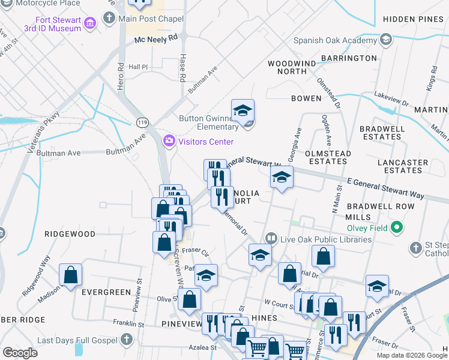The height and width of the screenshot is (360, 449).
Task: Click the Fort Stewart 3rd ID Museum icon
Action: tap(91, 23)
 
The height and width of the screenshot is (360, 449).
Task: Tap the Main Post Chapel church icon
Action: tap(109, 18)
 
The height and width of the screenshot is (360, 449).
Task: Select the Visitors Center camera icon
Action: tap(169, 141)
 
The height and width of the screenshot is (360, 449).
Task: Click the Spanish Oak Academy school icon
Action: tap(386, 41)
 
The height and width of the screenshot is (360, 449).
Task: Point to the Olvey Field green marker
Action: tap(396, 227)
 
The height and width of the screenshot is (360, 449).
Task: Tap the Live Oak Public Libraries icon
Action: tap(271, 239)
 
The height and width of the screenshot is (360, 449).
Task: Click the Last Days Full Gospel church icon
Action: tap(125, 340)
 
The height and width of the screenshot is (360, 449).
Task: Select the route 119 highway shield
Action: tap(142, 122)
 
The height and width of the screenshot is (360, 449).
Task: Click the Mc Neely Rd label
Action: tap(156, 38)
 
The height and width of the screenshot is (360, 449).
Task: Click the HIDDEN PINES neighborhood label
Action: tap(412, 19)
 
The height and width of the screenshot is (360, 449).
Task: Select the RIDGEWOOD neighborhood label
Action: tap(70, 233)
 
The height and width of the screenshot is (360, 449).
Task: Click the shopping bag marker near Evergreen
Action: tap(71, 275)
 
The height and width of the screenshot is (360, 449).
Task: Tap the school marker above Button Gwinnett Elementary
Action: tap(243, 111)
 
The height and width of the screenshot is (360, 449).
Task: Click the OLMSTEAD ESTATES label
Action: tap(328, 158)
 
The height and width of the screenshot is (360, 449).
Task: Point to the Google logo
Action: tap(20, 353)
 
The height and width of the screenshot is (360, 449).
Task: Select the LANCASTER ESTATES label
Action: tap(403, 166)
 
